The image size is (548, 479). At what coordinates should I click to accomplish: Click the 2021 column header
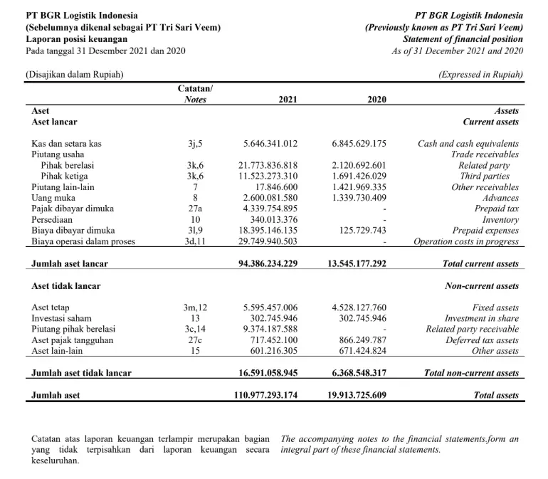[x=288, y=100]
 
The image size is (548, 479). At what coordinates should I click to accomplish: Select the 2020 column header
[x=376, y=100]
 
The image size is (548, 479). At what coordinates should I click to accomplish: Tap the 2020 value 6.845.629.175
[x=359, y=144]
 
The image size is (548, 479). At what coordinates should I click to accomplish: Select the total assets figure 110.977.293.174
[x=265, y=395]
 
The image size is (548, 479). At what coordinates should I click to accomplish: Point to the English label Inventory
[x=501, y=220]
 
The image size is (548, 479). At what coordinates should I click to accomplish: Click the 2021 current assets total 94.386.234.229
[x=268, y=264]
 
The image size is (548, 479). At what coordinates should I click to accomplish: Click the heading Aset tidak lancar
[x=66, y=286]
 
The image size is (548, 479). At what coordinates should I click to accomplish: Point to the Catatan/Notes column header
[x=195, y=94]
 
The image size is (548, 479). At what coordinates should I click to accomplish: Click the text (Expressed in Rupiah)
[x=480, y=74]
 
